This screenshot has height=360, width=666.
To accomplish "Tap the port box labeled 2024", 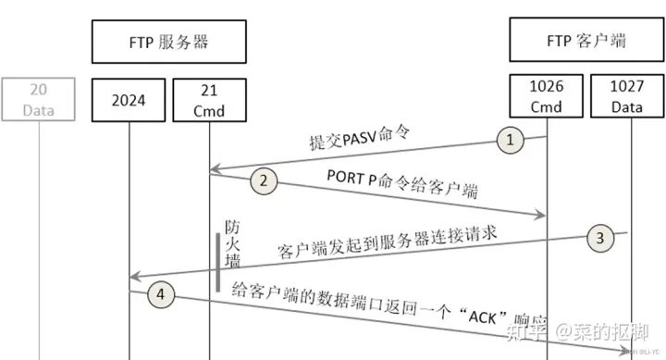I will point(129,99).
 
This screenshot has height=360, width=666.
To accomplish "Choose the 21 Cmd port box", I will point(209,99).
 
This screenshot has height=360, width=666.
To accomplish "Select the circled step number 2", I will point(263,181).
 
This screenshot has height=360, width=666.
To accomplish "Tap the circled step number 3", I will point(599,238).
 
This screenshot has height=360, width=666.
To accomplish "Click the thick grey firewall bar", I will point(218,261).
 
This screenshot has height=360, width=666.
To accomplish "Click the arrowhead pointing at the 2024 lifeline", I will point(135,276).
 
